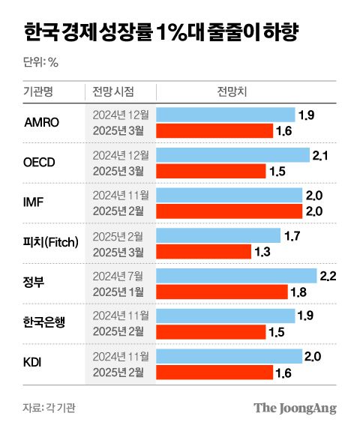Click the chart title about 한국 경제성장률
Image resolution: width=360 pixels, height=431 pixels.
click(159, 33)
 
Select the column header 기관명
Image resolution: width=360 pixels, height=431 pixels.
click(39, 92)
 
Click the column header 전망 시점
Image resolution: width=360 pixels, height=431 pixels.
click(113, 92)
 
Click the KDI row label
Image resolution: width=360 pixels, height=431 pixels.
click(34, 364)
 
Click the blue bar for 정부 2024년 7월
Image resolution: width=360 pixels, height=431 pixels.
click(236, 276)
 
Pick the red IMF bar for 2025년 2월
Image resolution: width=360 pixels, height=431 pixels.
click(229, 211)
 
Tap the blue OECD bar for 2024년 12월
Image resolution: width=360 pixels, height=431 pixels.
click(232, 154)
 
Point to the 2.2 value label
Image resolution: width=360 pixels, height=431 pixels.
click(328, 277)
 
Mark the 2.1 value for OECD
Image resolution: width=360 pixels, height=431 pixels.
click(321, 155)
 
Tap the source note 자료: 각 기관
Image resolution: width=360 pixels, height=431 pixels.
click(49, 408)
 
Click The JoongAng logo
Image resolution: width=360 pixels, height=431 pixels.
click(295, 408)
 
